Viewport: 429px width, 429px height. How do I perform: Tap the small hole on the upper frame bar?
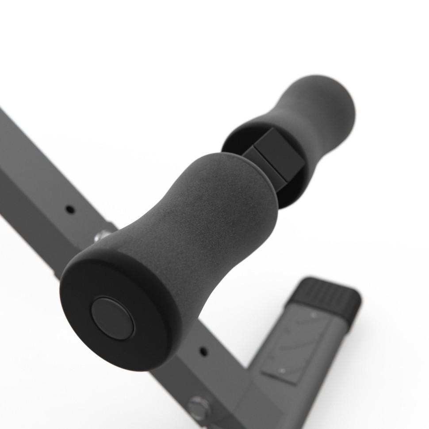[69, 208]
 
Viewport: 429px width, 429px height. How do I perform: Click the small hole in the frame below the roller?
[204, 351]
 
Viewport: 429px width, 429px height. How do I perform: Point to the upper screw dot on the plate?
[314, 315]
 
